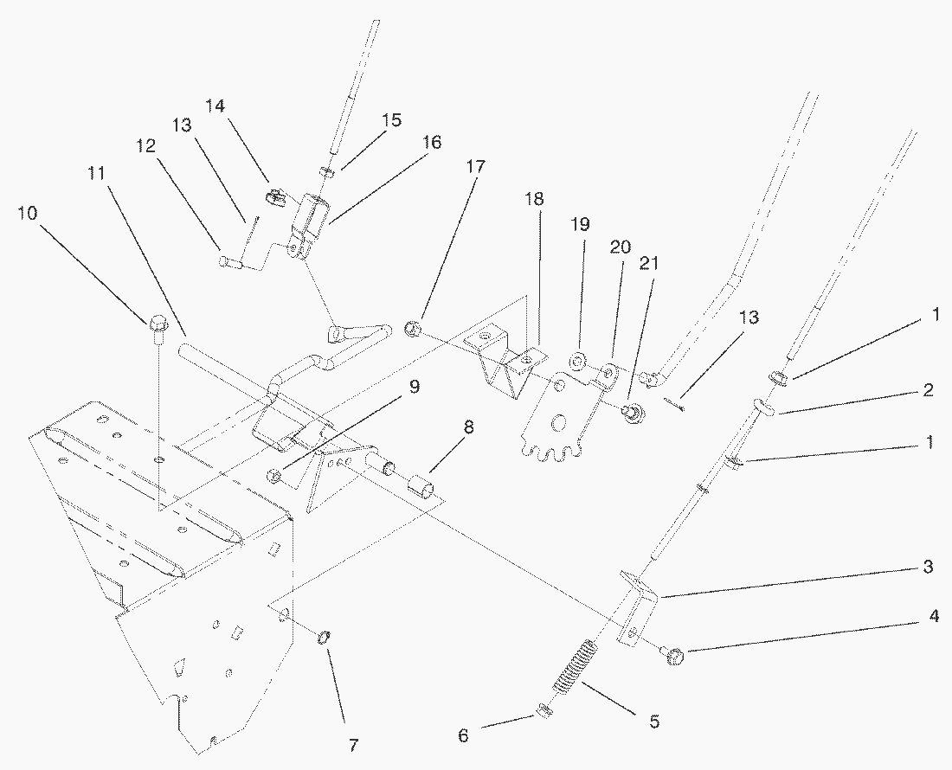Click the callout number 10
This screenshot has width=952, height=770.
coord(28,214)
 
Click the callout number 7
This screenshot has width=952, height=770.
coord(353,745)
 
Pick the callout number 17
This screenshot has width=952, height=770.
coord(476,165)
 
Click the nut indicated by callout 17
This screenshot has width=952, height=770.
coord(413,330)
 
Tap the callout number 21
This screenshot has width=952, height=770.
coord(649,263)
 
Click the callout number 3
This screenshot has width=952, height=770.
coord(928,568)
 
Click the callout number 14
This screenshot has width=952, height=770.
coord(215,106)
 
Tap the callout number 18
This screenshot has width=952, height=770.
coord(534,198)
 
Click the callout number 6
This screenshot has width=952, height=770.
coord(463,735)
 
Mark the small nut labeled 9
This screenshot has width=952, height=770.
coord(273,474)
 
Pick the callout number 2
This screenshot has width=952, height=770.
coord(928,389)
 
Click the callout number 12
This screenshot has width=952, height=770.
coord(145,145)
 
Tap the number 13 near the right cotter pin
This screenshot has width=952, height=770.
coord(749,318)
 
